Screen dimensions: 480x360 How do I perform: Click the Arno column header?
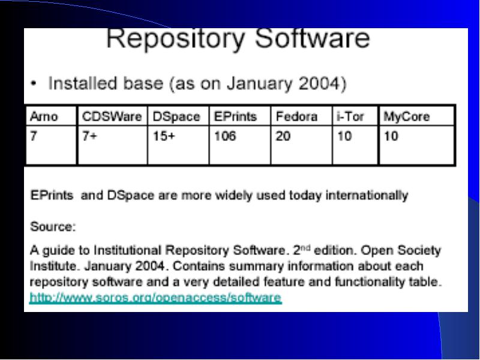(44, 116)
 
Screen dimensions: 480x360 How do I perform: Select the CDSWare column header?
(112, 116)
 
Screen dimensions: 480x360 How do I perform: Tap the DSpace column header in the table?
(176, 116)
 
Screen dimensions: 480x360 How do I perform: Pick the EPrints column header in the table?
(235, 116)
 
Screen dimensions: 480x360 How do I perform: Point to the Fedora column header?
(296, 116)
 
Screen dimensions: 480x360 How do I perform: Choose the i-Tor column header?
(350, 116)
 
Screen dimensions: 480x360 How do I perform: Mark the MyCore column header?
(407, 116)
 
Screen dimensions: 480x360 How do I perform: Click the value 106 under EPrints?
(225, 136)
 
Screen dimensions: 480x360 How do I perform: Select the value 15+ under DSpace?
(164, 136)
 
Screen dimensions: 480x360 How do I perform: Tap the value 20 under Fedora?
(283, 136)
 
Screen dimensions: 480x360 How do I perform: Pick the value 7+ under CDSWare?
(89, 136)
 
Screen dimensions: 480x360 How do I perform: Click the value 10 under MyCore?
(391, 136)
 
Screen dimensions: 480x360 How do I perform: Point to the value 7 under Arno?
(34, 136)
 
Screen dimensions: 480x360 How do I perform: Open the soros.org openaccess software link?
(155, 298)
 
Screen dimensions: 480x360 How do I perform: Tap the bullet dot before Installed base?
(34, 83)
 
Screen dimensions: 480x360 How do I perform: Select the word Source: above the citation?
(53, 227)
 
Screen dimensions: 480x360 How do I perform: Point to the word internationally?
(367, 196)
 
